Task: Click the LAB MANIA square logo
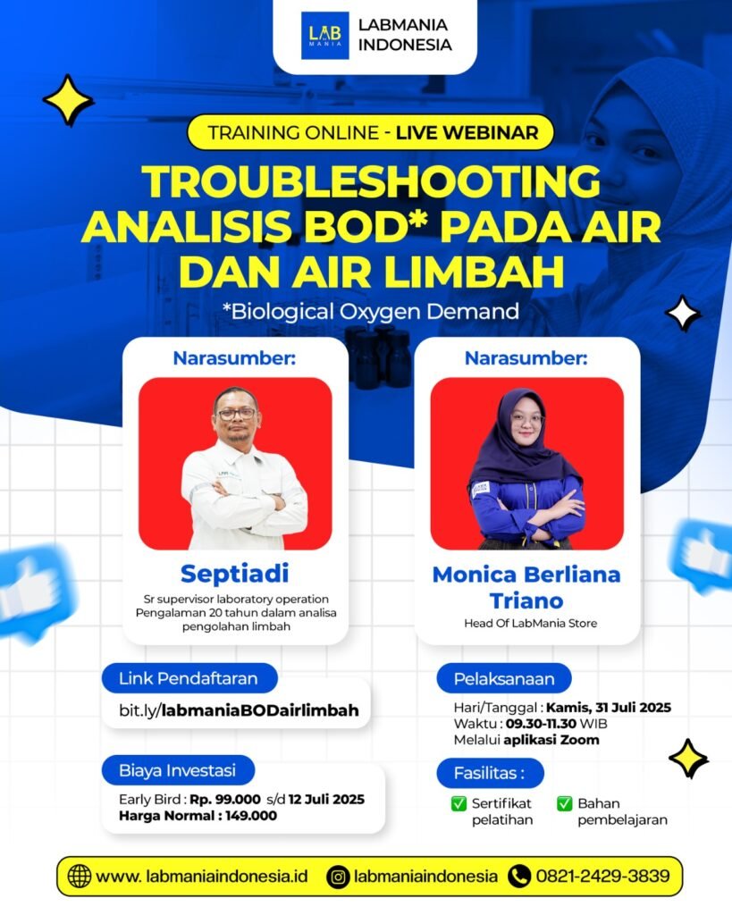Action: tap(325, 36)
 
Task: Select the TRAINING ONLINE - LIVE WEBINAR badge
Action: tap(372, 133)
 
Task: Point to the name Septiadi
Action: tap(234, 572)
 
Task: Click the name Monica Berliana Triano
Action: tap(526, 586)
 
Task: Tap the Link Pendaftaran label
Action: tap(189, 678)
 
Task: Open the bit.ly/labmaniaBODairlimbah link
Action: tap(239, 710)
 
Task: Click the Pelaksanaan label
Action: tap(504, 678)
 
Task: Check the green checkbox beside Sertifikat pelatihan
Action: tap(459, 803)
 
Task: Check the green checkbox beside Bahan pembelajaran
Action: tap(564, 803)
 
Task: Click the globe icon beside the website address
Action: tap(80, 877)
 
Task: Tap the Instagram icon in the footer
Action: tap(338, 877)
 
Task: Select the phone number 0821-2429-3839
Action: tap(602, 877)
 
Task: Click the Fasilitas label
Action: tap(489, 772)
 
